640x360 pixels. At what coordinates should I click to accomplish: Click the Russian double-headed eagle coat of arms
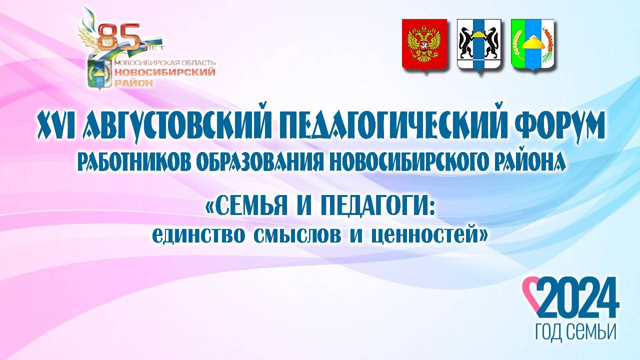(x=424, y=45)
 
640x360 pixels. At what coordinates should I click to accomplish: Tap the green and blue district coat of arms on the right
(x=532, y=45)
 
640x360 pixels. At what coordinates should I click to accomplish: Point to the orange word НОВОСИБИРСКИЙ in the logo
(x=165, y=72)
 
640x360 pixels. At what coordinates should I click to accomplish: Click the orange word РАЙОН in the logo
(x=134, y=83)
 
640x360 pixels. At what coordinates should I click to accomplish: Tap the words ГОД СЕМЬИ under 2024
(x=575, y=331)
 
